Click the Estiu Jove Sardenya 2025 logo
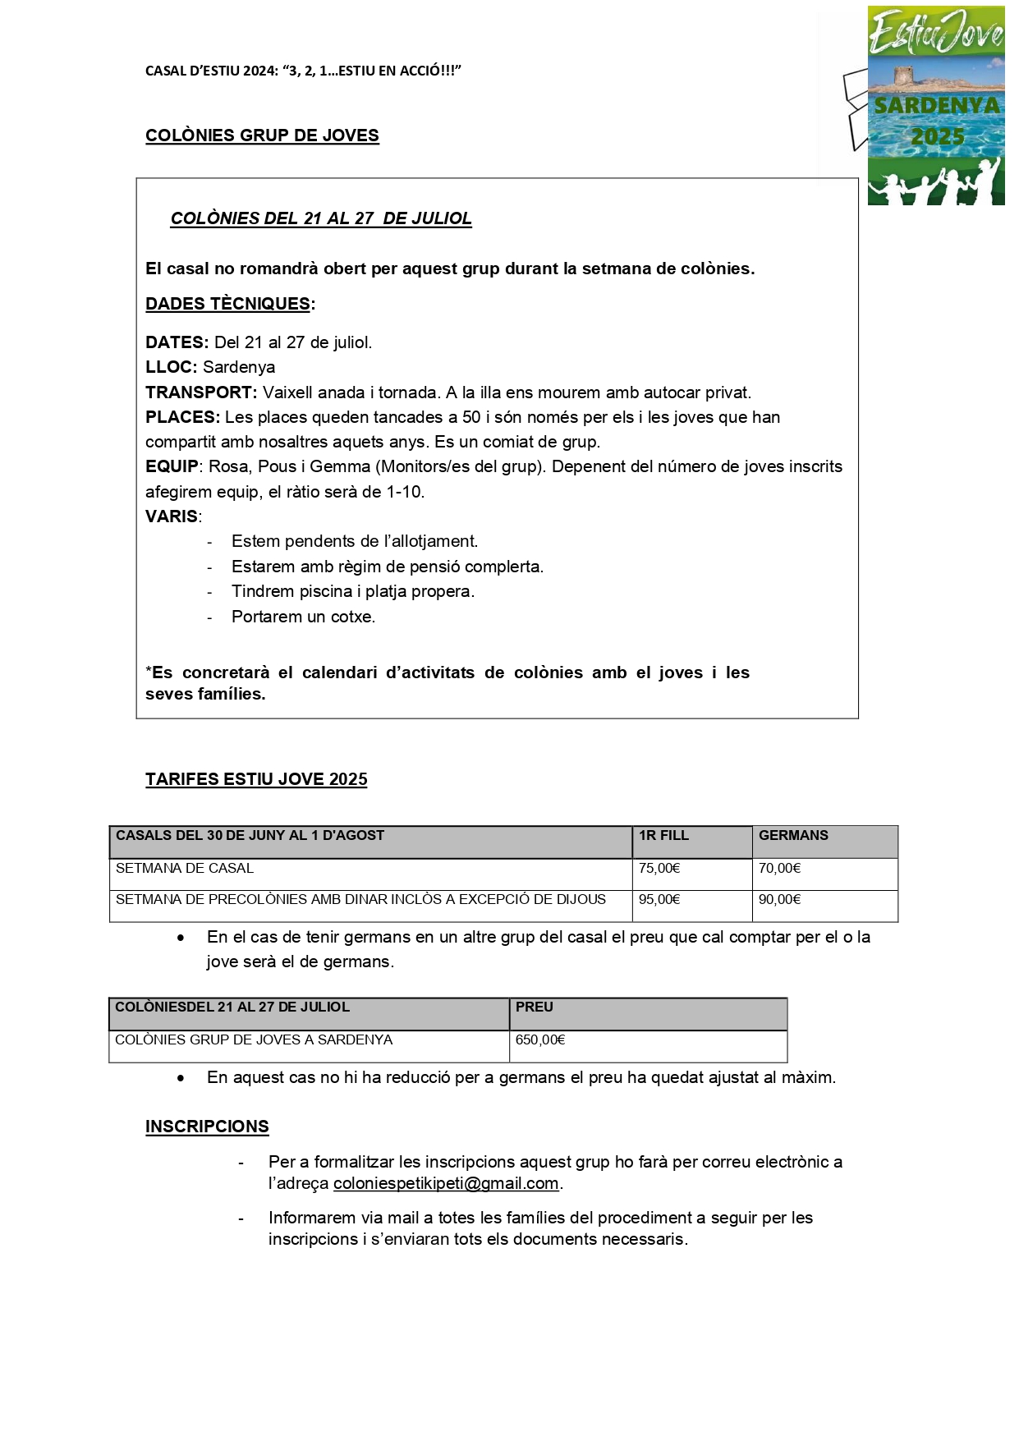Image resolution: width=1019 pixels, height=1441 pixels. (x=935, y=105)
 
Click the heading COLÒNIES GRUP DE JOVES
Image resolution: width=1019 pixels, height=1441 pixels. (x=262, y=135)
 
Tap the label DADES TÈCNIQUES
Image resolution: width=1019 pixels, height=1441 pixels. (x=227, y=304)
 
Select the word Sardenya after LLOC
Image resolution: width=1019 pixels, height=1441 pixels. (x=239, y=367)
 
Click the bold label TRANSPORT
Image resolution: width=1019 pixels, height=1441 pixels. (x=201, y=392)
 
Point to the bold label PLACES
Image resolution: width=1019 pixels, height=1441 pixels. (x=182, y=417)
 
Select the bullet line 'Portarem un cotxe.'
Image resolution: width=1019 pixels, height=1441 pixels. (x=303, y=617)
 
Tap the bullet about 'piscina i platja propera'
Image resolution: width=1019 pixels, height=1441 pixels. (x=352, y=591)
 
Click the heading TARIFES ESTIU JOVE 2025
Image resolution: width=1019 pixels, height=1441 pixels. (x=256, y=779)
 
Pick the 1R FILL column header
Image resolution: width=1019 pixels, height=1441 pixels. (x=663, y=836)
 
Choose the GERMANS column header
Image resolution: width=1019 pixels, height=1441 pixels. (x=793, y=836)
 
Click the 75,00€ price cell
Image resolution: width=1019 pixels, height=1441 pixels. (x=659, y=868)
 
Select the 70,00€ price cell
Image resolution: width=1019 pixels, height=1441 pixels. (x=779, y=868)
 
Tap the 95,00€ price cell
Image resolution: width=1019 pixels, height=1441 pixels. (x=659, y=899)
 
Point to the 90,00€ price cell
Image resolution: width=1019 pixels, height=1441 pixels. (x=779, y=899)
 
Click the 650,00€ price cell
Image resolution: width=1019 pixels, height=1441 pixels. (x=540, y=1039)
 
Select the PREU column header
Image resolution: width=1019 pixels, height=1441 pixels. (x=535, y=1007)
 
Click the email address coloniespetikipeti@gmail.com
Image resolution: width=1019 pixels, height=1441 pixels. (x=446, y=1184)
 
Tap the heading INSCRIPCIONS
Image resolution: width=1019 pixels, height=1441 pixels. (x=207, y=1127)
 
